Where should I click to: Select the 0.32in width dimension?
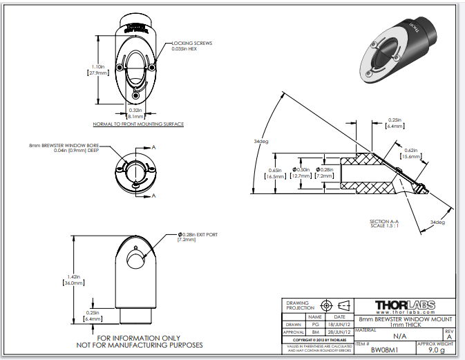136,113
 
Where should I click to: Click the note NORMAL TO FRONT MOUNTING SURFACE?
138,124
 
